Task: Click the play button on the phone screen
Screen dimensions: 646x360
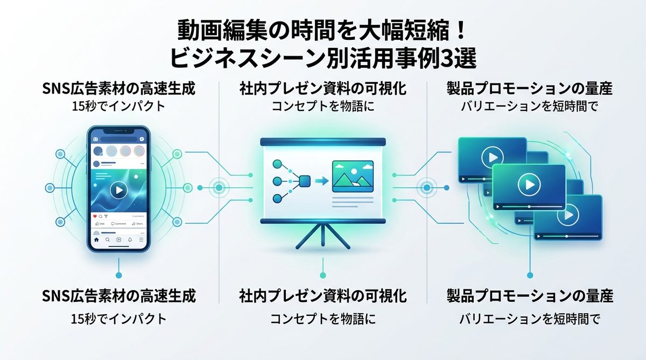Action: pyautogui.click(x=118, y=189)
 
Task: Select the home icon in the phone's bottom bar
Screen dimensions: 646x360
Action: pyautogui.click(x=96, y=239)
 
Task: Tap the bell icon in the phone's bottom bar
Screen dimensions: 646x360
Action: pyautogui.click(x=130, y=239)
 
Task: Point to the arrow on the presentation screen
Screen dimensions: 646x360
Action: pyautogui.click(x=321, y=181)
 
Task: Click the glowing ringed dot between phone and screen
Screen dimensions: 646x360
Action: pyautogui.click(x=219, y=187)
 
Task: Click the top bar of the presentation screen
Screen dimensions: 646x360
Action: pyautogui.click(x=322, y=142)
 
